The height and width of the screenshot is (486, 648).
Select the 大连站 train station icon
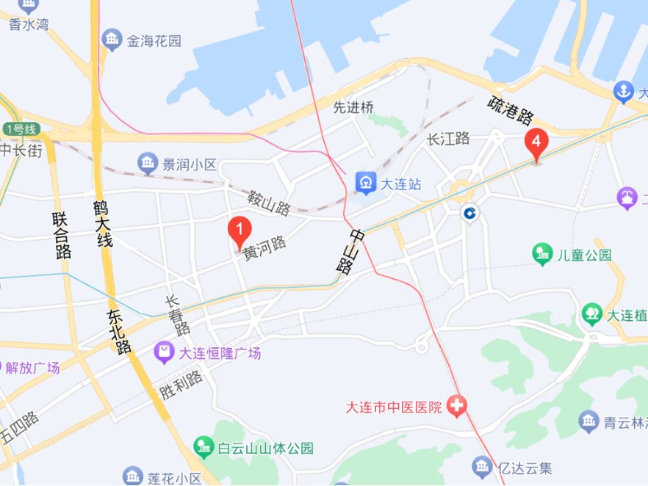tap(364, 184)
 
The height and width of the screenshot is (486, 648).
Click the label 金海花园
tap(154, 41)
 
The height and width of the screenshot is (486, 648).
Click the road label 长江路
tap(448, 139)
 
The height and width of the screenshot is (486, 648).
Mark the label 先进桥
tap(354, 107)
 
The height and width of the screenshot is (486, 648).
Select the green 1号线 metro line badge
tap(20, 129)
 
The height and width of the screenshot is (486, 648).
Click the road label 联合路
tap(62, 236)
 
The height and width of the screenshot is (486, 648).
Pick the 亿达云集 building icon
tap(482, 465)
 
